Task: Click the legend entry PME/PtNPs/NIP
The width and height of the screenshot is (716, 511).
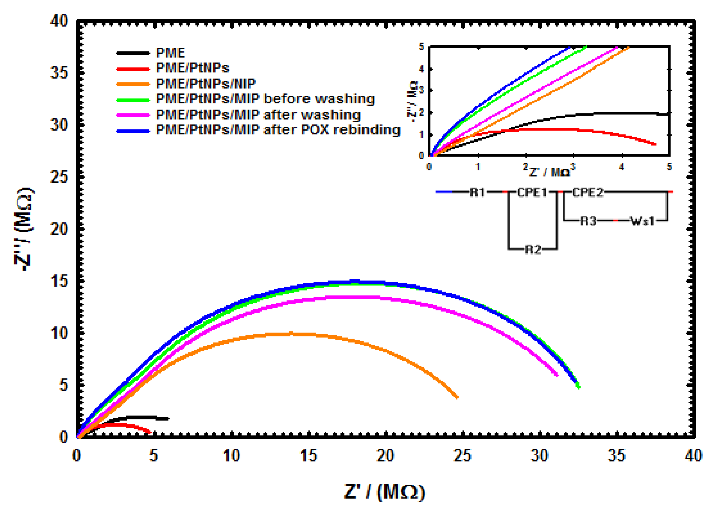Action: pyautogui.click(x=205, y=84)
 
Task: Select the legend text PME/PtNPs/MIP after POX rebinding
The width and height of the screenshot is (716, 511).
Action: pyautogui.click(x=278, y=130)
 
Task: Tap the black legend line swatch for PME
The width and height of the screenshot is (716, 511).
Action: pyautogui.click(x=133, y=53)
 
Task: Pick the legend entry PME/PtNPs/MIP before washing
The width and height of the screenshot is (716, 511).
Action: pyautogui.click(x=265, y=99)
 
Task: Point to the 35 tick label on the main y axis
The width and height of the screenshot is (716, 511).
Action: pyautogui.click(x=59, y=73)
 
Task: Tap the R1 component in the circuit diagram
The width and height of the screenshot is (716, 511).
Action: pyautogui.click(x=478, y=192)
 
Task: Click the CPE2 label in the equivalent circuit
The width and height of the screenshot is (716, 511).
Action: pyautogui.click(x=588, y=192)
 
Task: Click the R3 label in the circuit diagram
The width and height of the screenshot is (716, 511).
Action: pyautogui.click(x=588, y=221)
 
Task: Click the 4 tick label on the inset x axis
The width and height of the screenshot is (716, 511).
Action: pyautogui.click(x=621, y=167)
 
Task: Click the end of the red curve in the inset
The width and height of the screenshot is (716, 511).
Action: pyautogui.click(x=655, y=144)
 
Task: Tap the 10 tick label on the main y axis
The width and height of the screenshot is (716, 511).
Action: pyautogui.click(x=59, y=333)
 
